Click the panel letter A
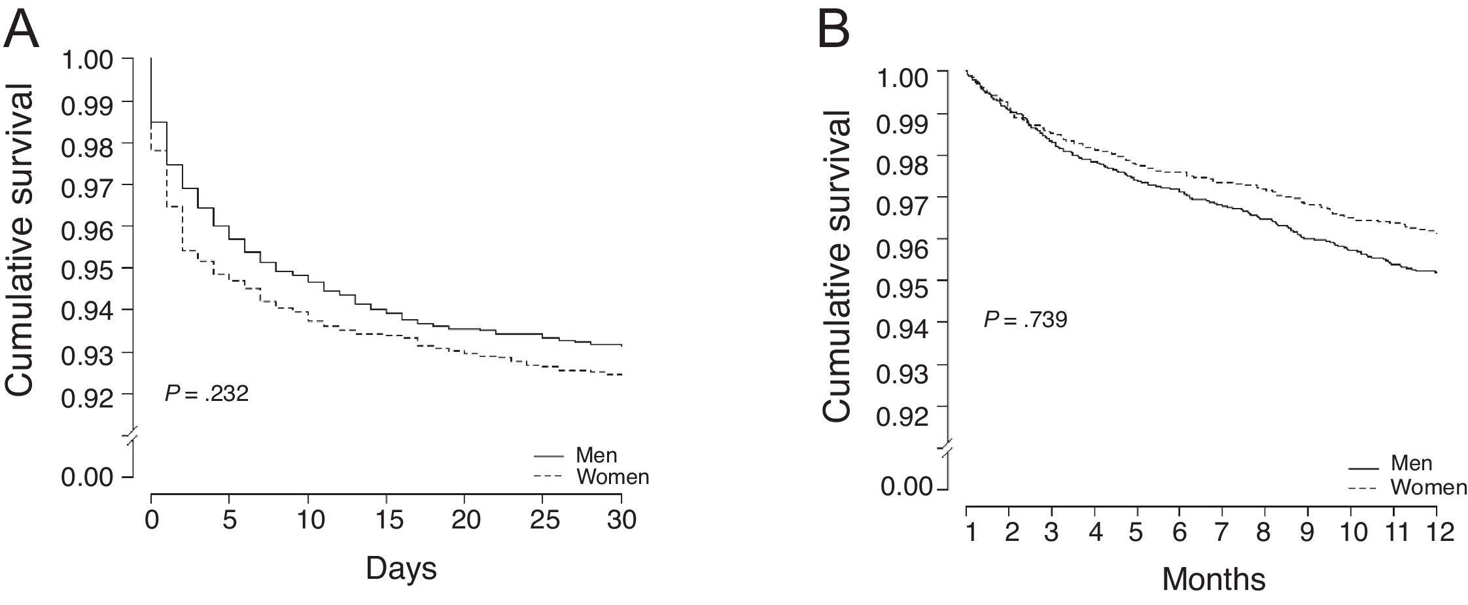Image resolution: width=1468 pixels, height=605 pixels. [21, 29]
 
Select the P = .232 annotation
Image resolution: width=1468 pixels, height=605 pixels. [206, 394]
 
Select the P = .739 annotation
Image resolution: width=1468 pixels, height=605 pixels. [1025, 320]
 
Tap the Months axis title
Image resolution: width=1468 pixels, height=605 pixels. [1214, 578]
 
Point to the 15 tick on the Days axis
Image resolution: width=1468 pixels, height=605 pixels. [387, 521]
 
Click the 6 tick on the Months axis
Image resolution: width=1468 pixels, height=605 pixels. [1179, 532]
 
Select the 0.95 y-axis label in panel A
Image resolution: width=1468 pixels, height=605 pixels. [87, 268]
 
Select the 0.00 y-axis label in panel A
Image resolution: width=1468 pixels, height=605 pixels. [87, 477]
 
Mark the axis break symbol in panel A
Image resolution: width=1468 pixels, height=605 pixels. [133, 436]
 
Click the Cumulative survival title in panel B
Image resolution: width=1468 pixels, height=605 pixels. [838, 267]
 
